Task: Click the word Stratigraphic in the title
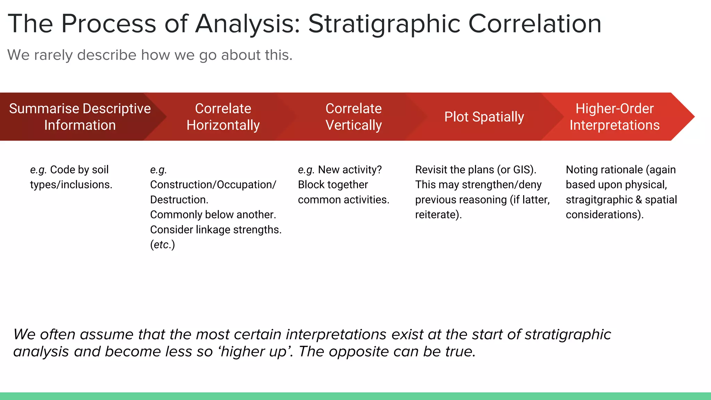pos(384,24)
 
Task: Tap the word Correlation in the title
pos(535,24)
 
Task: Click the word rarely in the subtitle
pos(53,55)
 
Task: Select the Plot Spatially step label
pos(484,117)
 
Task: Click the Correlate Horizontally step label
pos(223,117)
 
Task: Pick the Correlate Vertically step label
pos(353,117)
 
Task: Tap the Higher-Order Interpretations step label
pos(614,117)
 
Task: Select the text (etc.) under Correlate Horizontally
pos(162,245)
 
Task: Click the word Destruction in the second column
pos(179,200)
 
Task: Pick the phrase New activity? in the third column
pos(350,170)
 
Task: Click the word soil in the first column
pos(100,170)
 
